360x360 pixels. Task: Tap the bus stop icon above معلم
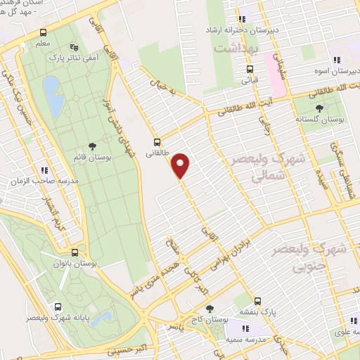[x=44, y=32]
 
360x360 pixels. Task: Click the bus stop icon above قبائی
[x=250, y=69]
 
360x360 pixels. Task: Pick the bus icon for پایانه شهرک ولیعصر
[x=57, y=307]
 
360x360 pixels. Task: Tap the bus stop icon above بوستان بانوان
[x=75, y=251]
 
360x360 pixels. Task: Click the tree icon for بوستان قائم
[x=92, y=146]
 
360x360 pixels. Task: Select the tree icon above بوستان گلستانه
[x=321, y=108]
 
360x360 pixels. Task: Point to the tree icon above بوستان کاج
[x=209, y=308]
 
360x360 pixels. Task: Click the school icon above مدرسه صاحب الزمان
[x=44, y=169]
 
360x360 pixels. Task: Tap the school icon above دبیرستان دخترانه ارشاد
[x=243, y=19]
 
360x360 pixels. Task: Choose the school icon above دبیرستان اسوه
[x=337, y=60]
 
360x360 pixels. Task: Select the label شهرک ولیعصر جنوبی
[x=328, y=258]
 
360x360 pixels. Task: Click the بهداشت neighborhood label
[x=238, y=49]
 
